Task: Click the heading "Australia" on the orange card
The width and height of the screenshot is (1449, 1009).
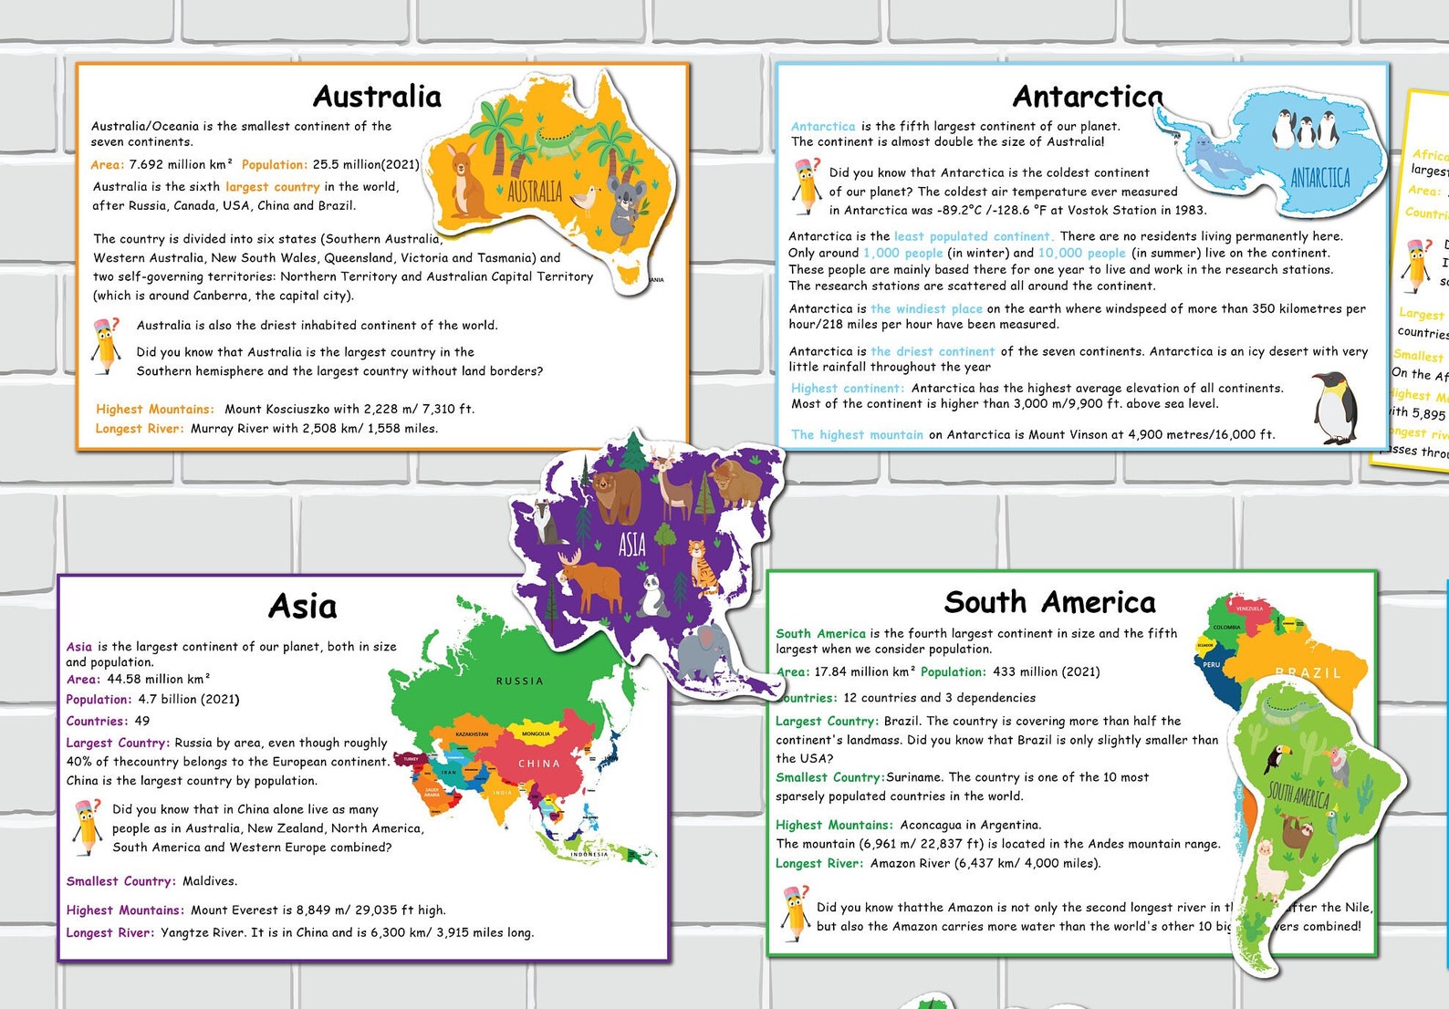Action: tap(377, 97)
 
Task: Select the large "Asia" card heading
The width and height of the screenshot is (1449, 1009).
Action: tap(303, 607)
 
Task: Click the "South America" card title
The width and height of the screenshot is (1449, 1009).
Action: tap(1049, 602)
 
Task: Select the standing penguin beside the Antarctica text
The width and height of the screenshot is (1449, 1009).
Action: tap(1335, 408)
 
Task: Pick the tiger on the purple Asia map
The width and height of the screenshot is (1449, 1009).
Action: tap(704, 566)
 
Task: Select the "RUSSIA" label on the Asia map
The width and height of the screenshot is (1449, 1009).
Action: tap(519, 681)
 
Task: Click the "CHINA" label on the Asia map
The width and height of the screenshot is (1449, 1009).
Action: tap(538, 764)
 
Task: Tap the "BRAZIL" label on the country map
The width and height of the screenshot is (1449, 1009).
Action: tap(1308, 673)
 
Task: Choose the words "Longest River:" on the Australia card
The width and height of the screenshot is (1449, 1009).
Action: tap(140, 429)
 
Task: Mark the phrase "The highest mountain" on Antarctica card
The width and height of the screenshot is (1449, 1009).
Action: tap(857, 435)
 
